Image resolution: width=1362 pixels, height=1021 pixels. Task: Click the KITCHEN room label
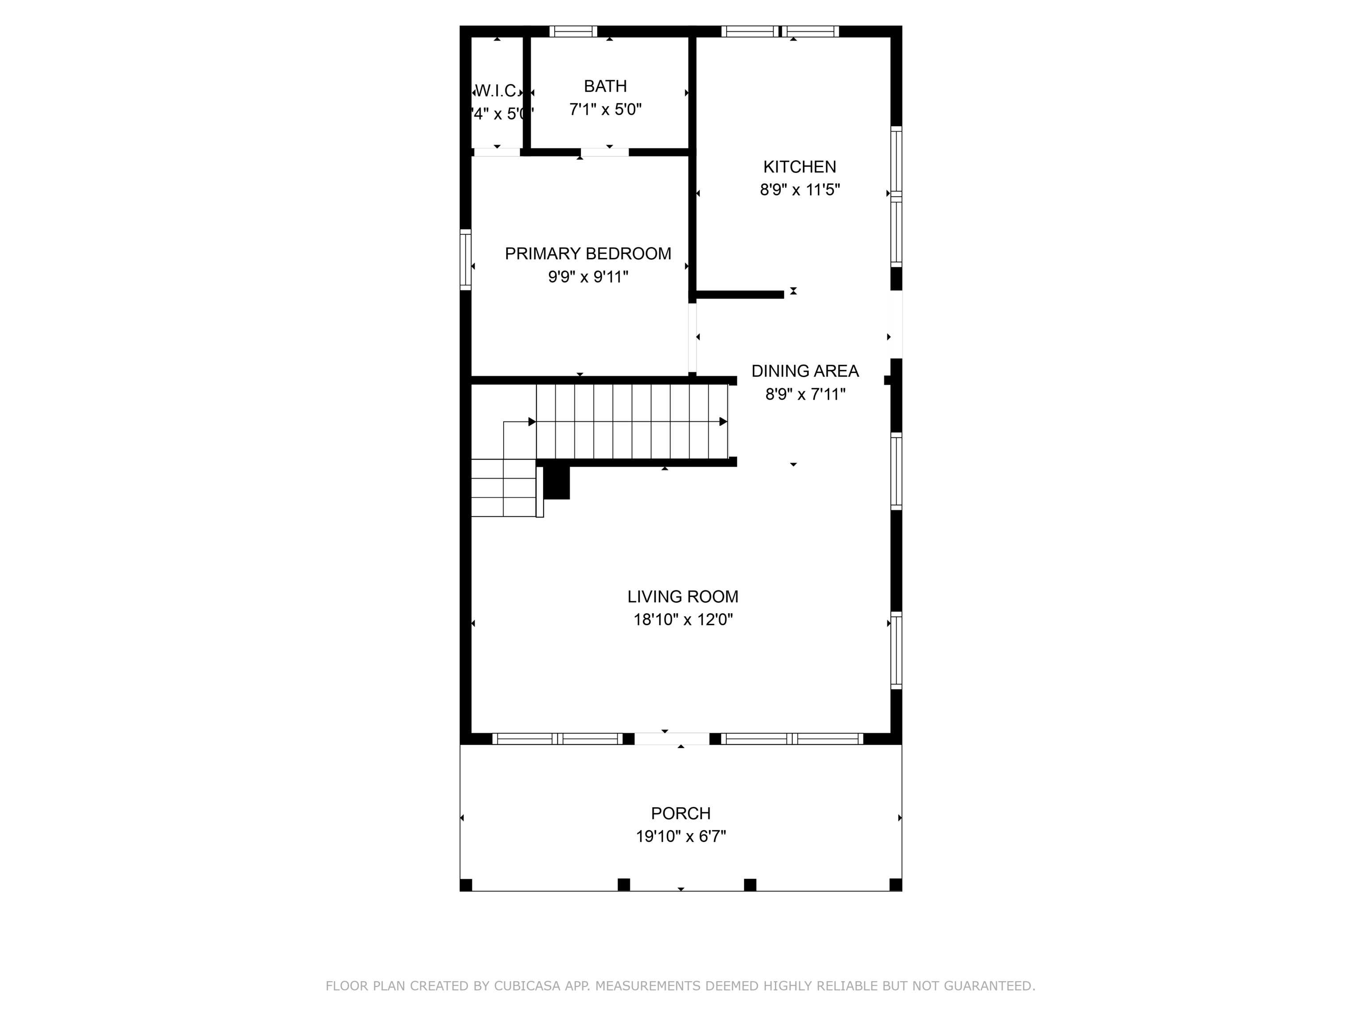pos(799,167)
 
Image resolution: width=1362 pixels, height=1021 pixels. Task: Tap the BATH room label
pos(605,86)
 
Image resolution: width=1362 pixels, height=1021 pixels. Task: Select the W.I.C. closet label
pos(496,91)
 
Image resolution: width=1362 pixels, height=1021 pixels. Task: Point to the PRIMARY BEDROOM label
pos(588,253)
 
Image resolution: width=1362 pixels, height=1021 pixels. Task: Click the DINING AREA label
pos(805,371)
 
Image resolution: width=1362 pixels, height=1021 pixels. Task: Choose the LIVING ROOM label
pos(683,596)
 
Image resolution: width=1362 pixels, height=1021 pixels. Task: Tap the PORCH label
pos(681,814)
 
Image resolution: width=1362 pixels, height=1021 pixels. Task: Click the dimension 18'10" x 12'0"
pos(683,620)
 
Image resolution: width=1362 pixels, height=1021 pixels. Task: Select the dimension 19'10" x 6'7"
pos(681,836)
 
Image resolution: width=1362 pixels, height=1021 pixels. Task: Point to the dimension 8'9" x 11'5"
pos(799,190)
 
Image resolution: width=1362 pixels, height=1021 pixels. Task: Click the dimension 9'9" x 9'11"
pos(588,277)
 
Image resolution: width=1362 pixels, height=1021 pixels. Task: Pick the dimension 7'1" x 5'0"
pos(605,109)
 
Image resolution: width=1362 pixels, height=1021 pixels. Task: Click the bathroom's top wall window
pos(573,31)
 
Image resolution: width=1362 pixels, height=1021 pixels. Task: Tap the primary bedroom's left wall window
pos(466,259)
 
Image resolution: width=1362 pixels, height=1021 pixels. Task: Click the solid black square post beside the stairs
pos(556,483)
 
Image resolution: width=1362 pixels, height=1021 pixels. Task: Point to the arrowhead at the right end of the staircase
pos(724,421)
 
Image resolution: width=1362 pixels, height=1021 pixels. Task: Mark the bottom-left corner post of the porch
pos(466,885)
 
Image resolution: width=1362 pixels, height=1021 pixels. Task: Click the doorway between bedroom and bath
pos(604,152)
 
